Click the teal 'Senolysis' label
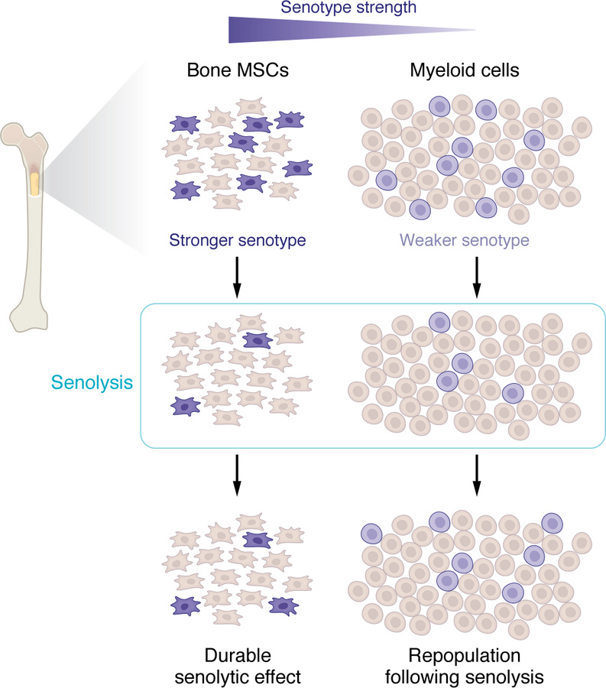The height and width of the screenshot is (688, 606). [90, 380]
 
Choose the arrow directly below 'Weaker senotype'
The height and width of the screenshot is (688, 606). [477, 277]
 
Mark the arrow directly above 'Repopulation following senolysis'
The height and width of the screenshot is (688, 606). [477, 475]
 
